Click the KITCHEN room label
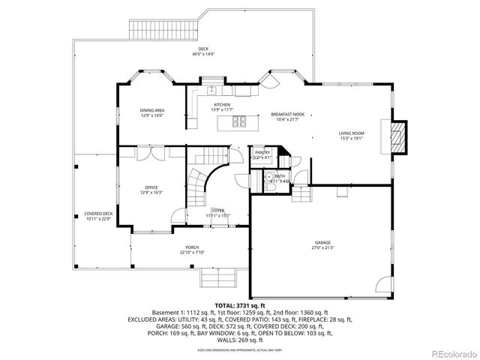coord(222,105)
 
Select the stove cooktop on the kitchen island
coord(238,121)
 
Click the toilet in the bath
coord(268,179)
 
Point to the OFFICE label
coord(151,187)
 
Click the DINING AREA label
coord(151,110)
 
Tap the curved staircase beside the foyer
coord(197,187)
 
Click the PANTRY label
coord(262,153)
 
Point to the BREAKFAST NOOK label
coord(287,115)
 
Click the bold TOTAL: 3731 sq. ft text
coord(240,306)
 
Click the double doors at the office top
coord(151,153)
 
